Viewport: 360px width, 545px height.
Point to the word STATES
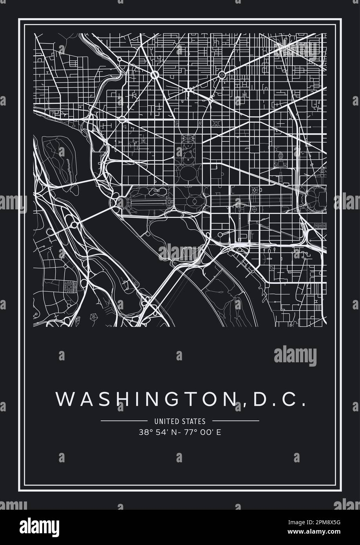click(195, 422)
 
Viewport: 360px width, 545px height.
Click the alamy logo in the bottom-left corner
click(41, 525)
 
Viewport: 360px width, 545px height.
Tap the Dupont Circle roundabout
click(154, 74)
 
